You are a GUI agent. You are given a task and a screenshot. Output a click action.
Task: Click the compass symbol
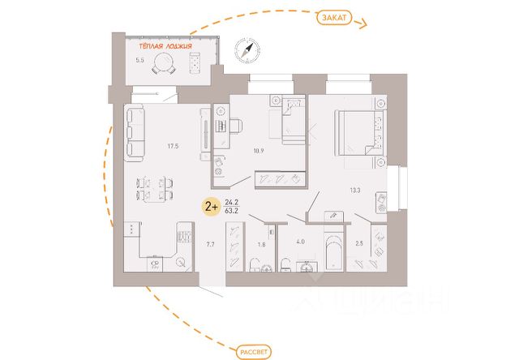pyautogui.click(x=245, y=50)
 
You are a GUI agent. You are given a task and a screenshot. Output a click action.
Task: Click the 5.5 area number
pyautogui.click(x=139, y=60)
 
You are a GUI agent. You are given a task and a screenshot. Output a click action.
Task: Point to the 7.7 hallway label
pyautogui.click(x=210, y=243)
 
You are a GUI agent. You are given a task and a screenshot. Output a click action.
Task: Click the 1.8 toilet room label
pyautogui.click(x=261, y=243)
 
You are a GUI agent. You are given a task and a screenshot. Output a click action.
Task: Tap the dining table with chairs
pyautogui.click(x=152, y=188)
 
